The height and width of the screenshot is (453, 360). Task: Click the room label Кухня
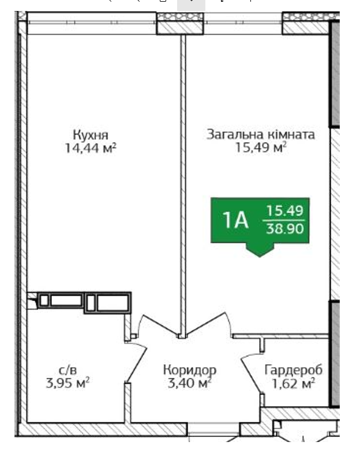pos(91,135)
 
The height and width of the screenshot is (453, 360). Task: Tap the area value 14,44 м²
pos(91,148)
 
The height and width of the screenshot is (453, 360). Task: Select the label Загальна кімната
pos(261,134)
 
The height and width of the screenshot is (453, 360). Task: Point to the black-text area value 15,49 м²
pos(261,148)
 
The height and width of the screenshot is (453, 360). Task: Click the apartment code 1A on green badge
pos(235,220)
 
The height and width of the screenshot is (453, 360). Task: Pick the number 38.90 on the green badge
pos(285,229)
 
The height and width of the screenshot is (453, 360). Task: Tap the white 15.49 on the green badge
pos(285,210)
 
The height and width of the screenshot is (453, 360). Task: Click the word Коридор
pos(190,370)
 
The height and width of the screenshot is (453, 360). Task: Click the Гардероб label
pos(294,370)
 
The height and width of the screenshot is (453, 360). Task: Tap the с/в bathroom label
pos(67,370)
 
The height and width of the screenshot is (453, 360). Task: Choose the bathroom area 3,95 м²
pos(67,383)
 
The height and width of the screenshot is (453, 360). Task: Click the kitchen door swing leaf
pos(160,326)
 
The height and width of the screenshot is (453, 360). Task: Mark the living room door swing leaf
pos(207,324)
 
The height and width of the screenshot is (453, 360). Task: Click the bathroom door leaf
pos(137,365)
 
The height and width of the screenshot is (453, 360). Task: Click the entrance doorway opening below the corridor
pos(213,429)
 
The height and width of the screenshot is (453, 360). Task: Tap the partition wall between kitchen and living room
pos(183,186)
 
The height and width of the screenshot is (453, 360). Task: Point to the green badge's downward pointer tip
pos(260,256)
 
